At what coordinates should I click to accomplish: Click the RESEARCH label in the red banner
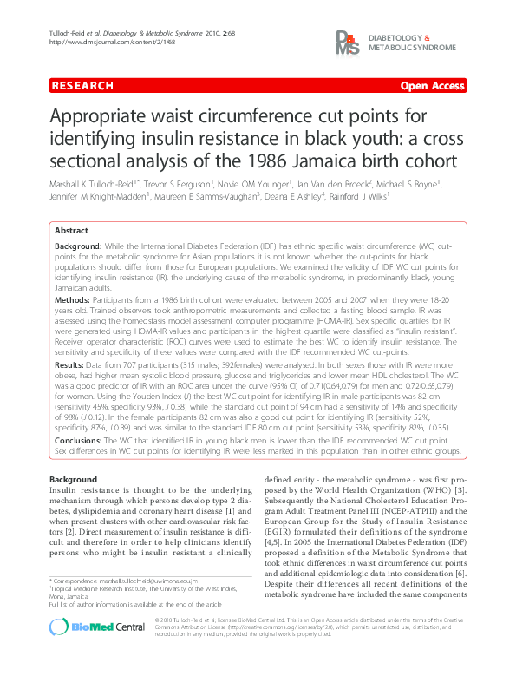82,86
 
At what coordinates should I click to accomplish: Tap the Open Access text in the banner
433,86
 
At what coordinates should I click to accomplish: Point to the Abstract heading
71,232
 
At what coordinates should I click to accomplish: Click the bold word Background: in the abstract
79,247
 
